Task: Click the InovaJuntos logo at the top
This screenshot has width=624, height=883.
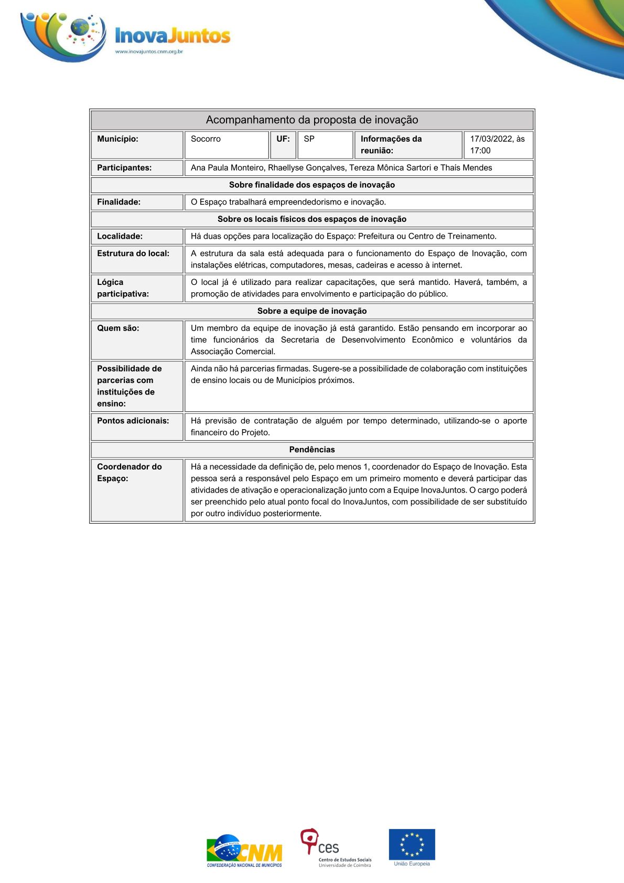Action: coord(126,35)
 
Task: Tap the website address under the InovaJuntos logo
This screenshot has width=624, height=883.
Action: coord(149,51)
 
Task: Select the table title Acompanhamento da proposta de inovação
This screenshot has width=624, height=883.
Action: coord(312,120)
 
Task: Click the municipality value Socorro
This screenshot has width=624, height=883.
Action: coord(206,139)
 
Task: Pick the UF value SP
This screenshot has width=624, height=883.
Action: coord(309,139)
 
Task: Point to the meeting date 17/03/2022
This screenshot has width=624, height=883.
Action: coord(491,139)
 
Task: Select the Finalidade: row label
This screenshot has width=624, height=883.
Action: coord(119,202)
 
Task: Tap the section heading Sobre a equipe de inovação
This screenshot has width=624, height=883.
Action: coord(312,311)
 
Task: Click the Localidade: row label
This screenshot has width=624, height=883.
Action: coord(120,236)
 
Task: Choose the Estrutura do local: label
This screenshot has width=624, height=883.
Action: coord(133,253)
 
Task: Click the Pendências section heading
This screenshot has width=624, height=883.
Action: coord(312,450)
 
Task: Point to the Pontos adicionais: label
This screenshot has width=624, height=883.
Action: coord(133,421)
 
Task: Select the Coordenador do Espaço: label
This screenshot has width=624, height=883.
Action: coord(130,472)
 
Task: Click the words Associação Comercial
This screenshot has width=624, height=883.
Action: coord(233,352)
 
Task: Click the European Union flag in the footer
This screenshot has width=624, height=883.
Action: coord(412,845)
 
